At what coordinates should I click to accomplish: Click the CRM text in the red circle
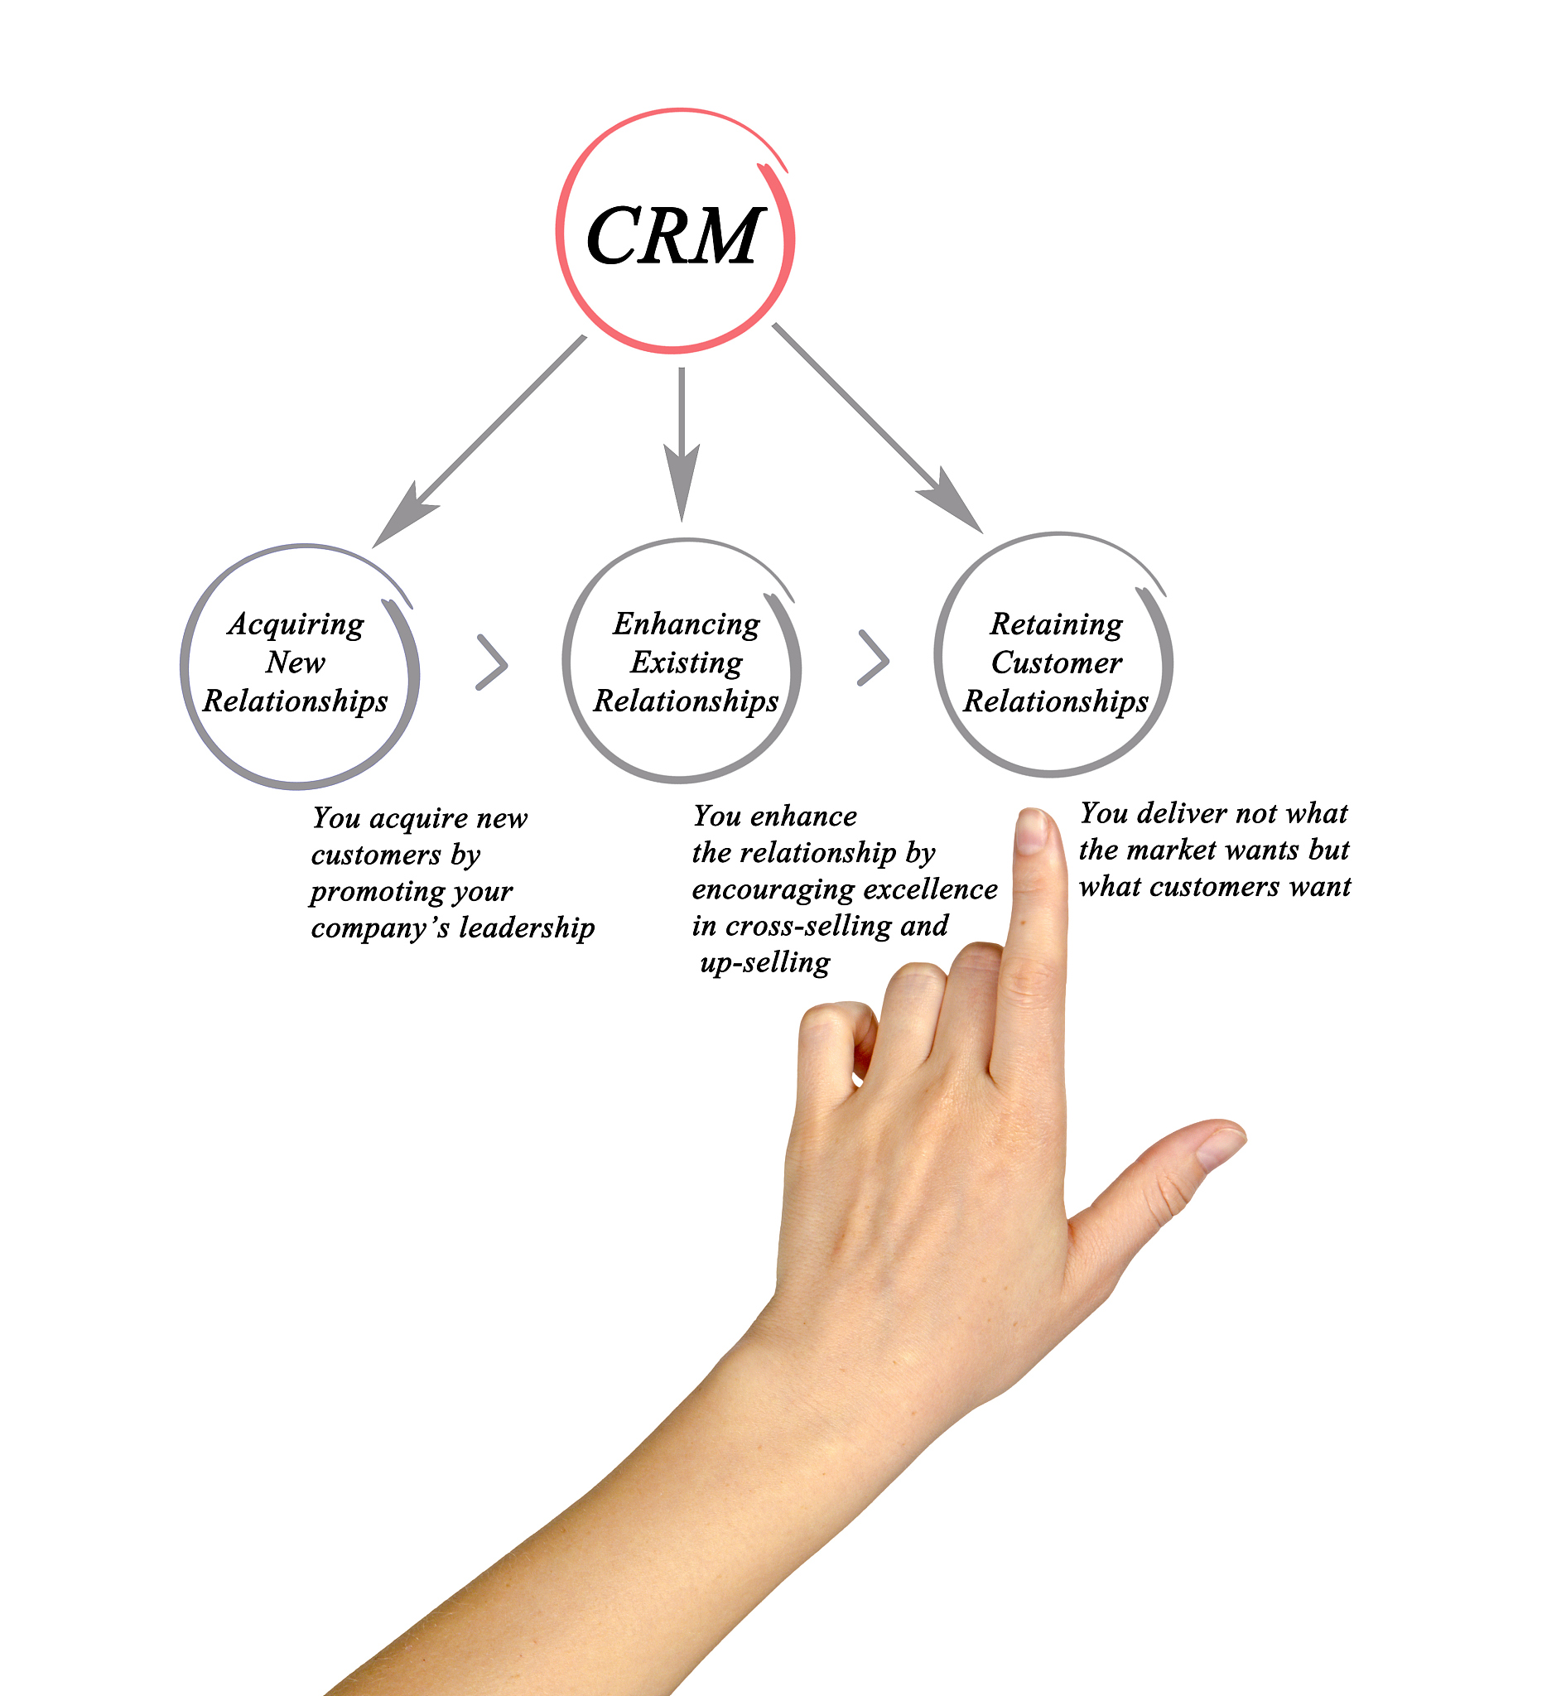coord(675,236)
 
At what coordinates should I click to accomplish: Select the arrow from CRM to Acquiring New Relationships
coord(479,441)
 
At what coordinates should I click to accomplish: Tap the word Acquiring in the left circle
coord(296,624)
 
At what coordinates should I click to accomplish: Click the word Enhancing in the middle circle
coord(687,624)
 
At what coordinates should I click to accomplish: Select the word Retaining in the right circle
coord(1056,624)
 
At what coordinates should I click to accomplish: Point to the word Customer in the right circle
coord(1056,662)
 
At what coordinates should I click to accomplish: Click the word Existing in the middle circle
coord(687,662)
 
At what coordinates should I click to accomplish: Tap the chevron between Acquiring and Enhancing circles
coord(493,662)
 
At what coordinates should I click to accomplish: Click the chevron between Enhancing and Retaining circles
coord(874,658)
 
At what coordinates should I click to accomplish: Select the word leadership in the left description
coord(526,928)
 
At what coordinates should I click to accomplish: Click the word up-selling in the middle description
coord(765,963)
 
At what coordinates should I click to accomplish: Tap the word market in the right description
coord(1172,850)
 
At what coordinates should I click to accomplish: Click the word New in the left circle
coord(295,662)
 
